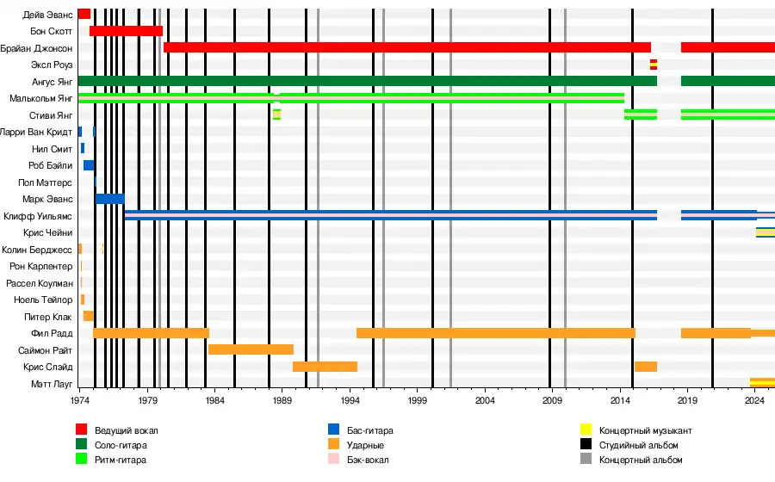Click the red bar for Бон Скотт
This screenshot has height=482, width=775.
coord(126,31)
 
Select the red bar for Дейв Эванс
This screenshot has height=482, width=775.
coord(84,14)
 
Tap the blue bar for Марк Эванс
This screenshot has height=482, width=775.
coord(109,199)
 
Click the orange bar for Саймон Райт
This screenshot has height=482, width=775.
coord(251,349)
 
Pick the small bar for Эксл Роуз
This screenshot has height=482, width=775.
coord(653,65)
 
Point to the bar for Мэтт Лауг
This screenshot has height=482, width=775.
coord(762,383)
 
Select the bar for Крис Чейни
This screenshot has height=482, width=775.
coord(765,232)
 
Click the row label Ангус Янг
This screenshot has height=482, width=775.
coord(49,81)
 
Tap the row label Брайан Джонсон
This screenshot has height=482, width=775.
coord(36,48)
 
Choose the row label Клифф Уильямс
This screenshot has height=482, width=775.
coord(38,216)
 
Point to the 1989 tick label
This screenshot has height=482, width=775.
coord(282,401)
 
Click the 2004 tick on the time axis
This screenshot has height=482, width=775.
coord(485,401)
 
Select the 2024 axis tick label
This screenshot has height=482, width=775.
coord(755,401)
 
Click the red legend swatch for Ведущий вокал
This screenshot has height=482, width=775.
coord(82,429)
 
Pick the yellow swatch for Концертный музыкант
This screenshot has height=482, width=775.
coord(586,429)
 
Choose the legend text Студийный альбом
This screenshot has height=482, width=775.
coord(639,445)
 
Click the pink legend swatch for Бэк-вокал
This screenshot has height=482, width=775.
coord(334,460)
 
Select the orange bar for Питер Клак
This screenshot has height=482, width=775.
coord(89,316)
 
